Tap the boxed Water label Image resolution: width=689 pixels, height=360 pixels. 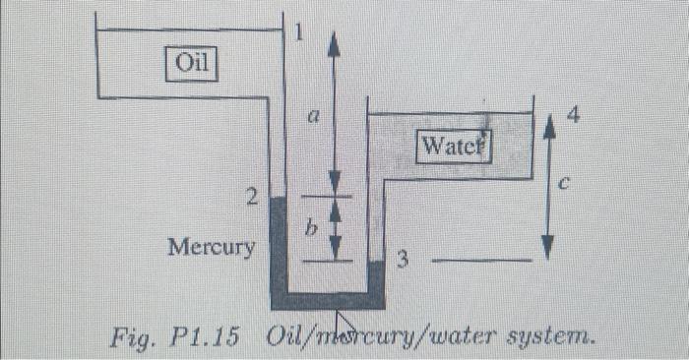[453, 149]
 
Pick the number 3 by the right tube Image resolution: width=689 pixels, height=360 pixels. [402, 261]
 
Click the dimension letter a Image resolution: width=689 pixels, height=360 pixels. [312, 116]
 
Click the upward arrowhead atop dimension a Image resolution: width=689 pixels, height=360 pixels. [334, 39]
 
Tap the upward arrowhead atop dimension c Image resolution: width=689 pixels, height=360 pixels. [548, 122]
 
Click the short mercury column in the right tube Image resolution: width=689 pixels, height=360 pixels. [375, 275]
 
